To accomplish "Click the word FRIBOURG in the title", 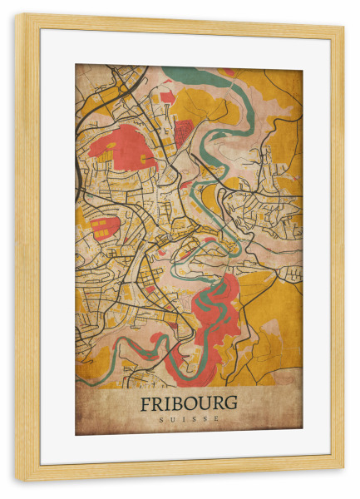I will click(x=189, y=403).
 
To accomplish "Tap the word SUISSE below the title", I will click(x=189, y=419).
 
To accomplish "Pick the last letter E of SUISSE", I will click(x=217, y=419).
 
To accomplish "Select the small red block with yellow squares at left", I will click(x=103, y=227).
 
